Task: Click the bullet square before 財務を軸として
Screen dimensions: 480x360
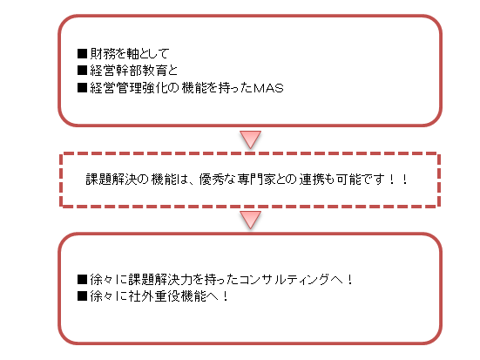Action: (83, 54)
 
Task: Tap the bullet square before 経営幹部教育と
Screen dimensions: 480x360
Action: (83, 71)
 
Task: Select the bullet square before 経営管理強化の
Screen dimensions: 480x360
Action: (83, 88)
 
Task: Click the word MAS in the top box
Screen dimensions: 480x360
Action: (268, 88)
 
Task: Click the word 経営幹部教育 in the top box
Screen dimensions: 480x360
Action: (128, 71)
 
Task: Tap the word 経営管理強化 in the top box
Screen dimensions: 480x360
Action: (128, 88)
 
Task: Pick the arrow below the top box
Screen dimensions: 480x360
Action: (250, 139)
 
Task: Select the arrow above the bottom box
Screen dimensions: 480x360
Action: (250, 220)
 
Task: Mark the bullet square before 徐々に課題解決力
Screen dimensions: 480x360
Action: (83, 279)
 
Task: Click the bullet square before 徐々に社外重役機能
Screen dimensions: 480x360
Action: (83, 296)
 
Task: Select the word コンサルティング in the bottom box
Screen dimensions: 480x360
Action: (284, 279)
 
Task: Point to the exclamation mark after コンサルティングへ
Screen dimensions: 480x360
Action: (350, 279)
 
